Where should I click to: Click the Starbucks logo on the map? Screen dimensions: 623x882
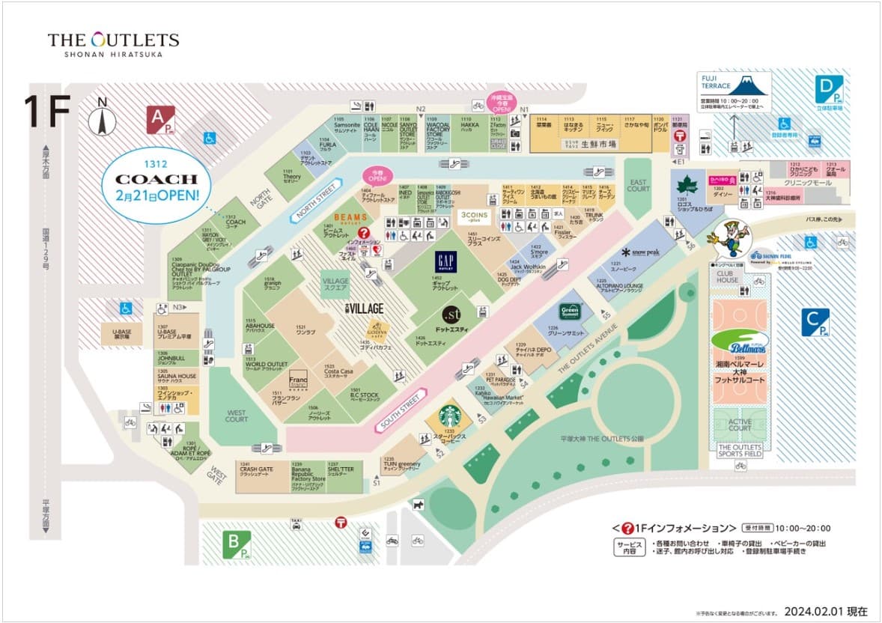pos(449,416)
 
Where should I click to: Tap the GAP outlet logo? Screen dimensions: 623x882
pos(446,261)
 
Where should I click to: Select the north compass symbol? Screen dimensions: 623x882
pos(102,120)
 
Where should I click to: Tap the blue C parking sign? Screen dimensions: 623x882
pos(815,322)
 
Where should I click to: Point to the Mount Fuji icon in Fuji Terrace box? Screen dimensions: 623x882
pos(752,84)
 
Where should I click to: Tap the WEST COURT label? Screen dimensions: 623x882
pos(236,416)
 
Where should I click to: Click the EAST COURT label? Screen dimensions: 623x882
pos(639,185)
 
